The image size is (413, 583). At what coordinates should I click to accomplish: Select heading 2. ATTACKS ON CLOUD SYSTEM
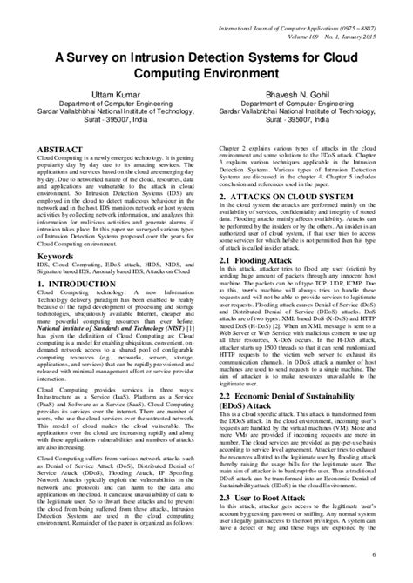[288, 196]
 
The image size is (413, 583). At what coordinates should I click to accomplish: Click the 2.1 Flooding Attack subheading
[260, 262]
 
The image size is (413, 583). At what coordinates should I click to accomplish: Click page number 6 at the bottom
[397, 555]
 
